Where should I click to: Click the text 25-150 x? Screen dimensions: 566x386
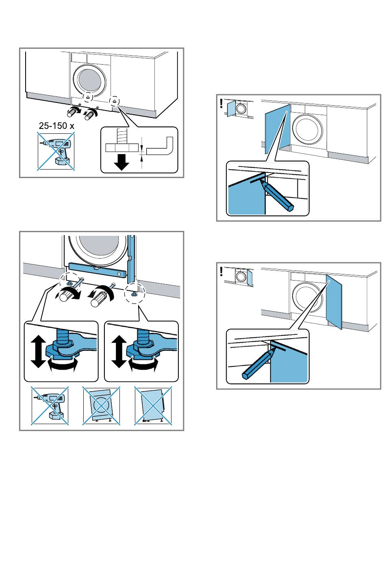click(56, 126)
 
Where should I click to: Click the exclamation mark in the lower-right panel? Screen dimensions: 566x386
click(221, 271)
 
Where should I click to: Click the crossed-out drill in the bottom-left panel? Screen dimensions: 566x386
click(50, 406)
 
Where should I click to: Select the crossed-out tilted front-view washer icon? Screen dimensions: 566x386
click(101, 406)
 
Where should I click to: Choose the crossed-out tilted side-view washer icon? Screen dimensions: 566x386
click(153, 406)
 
